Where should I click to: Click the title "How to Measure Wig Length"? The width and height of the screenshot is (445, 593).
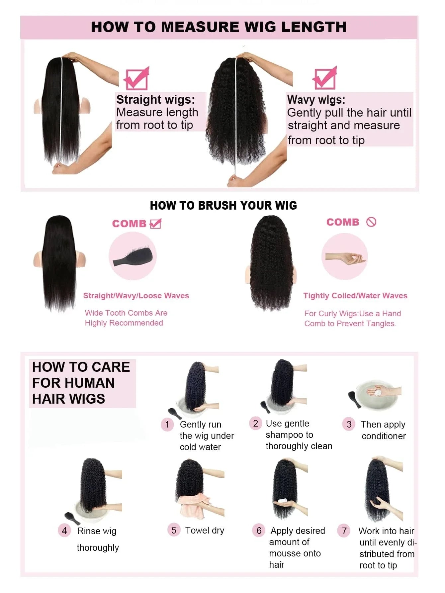219,27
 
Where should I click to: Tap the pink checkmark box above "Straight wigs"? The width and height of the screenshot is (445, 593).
136,78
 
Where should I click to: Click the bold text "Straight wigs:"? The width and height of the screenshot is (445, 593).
155,99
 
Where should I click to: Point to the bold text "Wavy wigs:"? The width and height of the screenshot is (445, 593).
316,100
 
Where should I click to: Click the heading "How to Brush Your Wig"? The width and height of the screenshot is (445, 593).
223,206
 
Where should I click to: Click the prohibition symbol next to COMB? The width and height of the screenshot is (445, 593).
371,222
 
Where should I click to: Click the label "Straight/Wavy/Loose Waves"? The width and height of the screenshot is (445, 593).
136,296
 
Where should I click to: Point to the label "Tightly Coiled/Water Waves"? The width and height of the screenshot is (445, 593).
355,296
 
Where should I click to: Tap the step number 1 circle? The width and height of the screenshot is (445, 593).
167,424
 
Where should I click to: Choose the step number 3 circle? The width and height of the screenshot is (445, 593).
349,424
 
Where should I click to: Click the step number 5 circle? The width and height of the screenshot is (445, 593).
174,530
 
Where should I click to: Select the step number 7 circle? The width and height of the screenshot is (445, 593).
344,531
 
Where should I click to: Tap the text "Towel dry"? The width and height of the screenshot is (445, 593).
205,531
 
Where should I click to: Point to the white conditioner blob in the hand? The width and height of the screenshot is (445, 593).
378,392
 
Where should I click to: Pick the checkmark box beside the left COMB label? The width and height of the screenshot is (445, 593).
155,224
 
